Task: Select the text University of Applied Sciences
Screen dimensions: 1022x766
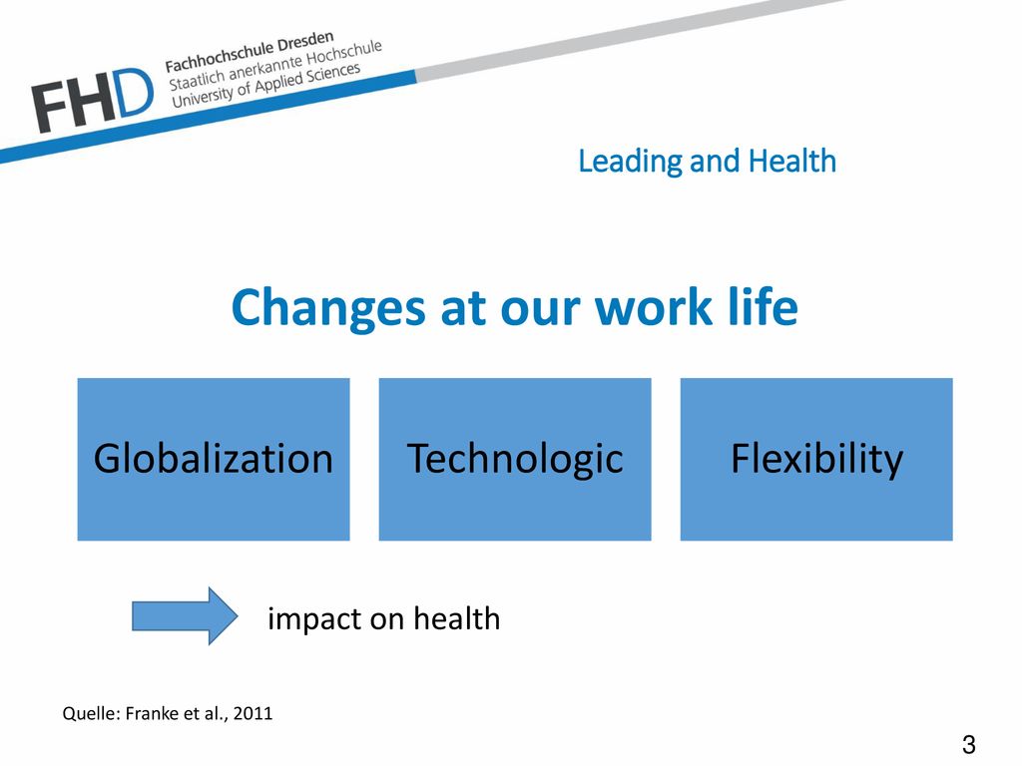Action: [265, 86]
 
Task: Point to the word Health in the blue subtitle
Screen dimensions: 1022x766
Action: [791, 161]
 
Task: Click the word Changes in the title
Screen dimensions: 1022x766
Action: [327, 307]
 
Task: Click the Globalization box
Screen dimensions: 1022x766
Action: [214, 459]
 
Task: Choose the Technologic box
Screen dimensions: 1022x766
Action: [515, 459]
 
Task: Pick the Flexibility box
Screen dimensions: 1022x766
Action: [816, 459]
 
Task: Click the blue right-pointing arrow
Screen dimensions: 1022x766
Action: [185, 615]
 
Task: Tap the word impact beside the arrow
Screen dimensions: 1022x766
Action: [314, 619]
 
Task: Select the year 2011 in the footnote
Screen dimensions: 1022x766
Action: [253, 713]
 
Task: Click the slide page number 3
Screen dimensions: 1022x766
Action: [968, 744]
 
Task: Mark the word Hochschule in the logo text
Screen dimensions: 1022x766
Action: [344, 54]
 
